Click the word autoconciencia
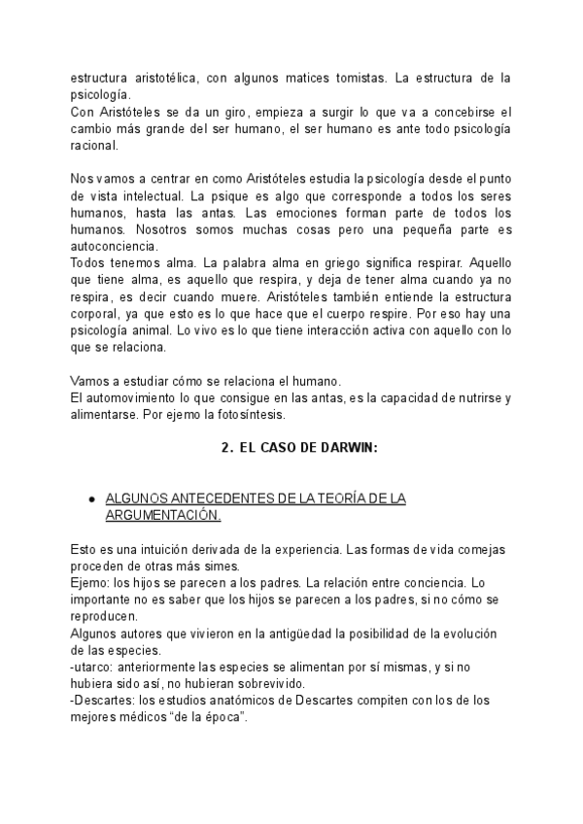pyautogui.click(x=111, y=248)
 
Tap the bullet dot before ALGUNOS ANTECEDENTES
pyautogui.click(x=90, y=498)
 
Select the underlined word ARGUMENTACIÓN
pyautogui.click(x=162, y=515)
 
